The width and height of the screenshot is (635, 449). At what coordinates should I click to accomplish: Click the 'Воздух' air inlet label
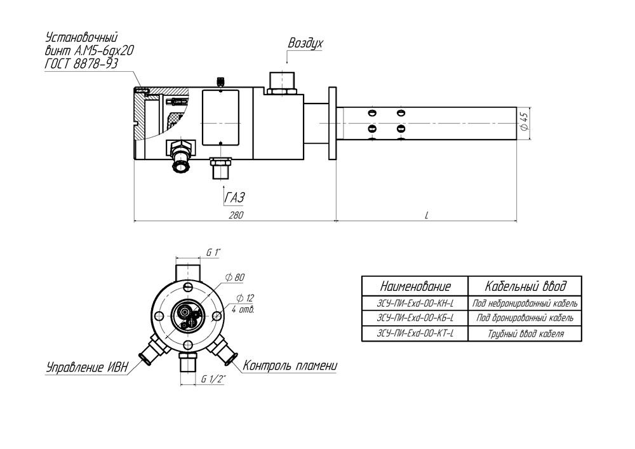point(305,43)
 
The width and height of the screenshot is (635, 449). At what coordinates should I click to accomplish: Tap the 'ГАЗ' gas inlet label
point(236,197)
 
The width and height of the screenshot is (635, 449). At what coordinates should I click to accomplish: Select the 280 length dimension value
point(236,215)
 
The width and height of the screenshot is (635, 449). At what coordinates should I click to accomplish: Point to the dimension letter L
point(427,215)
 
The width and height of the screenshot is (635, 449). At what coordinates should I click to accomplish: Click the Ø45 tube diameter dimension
point(525,121)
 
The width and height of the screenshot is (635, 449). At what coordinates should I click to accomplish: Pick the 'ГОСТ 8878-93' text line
point(81,63)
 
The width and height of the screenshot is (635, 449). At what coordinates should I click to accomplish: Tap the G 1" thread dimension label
point(213,253)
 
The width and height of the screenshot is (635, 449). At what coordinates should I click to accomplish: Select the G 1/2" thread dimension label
point(213,379)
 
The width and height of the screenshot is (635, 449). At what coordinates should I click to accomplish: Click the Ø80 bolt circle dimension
point(236,278)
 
